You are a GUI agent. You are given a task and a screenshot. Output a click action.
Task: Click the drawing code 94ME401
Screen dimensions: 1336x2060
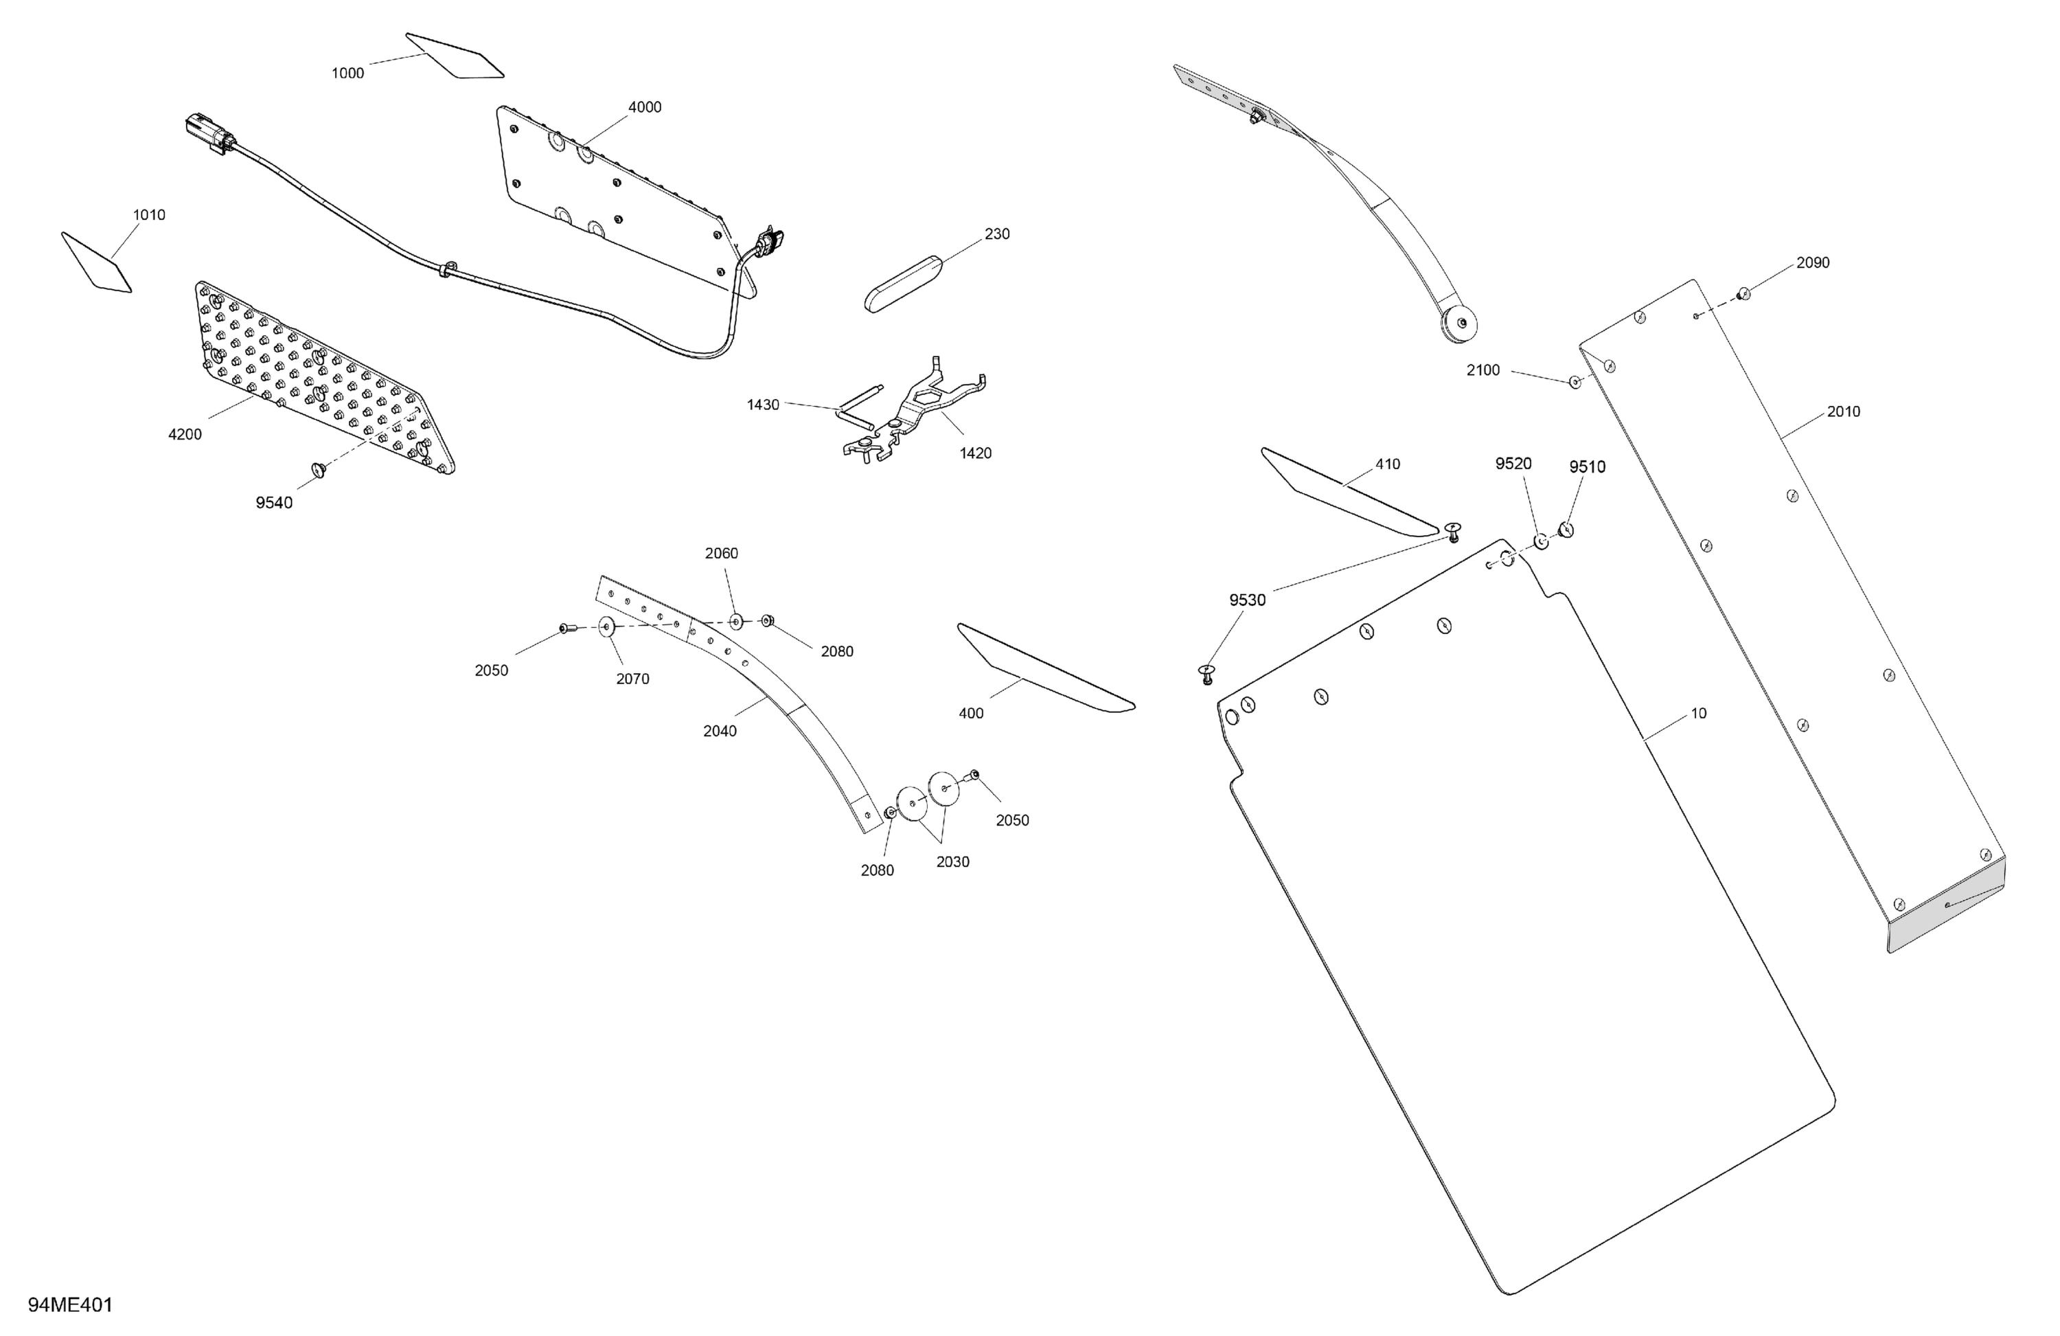(x=70, y=1305)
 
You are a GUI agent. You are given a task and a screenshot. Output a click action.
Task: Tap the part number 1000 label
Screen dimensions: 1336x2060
(x=348, y=73)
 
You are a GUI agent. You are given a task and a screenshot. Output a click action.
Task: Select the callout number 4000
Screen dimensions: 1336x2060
(x=645, y=107)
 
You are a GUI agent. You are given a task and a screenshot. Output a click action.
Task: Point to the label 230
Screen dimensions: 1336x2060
(x=997, y=234)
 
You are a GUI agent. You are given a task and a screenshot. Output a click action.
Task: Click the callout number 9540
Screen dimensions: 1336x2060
(x=275, y=503)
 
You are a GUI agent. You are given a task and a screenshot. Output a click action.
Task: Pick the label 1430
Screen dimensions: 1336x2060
(x=764, y=405)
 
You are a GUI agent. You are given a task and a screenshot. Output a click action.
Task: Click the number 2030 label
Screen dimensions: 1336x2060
(x=953, y=862)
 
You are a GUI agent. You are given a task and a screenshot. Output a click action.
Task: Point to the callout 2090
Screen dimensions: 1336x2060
(x=1813, y=263)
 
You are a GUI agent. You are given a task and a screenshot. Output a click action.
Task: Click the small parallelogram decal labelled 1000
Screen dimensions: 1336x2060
(x=455, y=56)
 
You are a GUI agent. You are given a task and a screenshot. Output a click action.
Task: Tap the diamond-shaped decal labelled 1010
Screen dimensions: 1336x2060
(x=96, y=262)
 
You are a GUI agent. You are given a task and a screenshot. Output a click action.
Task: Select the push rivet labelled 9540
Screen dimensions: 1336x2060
(x=319, y=469)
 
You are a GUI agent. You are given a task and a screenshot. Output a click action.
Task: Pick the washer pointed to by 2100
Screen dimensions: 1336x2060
(x=1575, y=382)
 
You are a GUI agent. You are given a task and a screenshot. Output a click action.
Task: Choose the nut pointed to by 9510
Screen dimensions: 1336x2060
(x=1566, y=529)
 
